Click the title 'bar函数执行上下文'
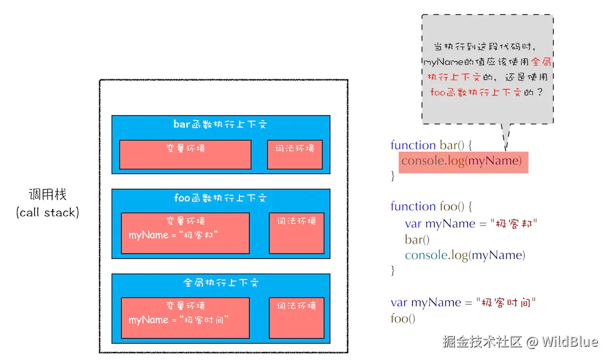coord(220,125)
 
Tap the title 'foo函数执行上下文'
coord(220,198)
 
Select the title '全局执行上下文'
coord(220,283)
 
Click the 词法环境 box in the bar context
coord(295,154)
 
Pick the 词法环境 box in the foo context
coord(297,233)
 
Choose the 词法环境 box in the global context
coord(297,317)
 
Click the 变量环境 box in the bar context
coord(185,154)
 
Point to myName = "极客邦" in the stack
coord(173,235)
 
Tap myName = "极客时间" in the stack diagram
coord(179,319)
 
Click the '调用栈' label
coord(47,194)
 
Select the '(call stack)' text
coord(47,212)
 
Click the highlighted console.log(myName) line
coord(462,161)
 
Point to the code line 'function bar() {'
coord(431,145)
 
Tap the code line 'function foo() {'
coord(431,206)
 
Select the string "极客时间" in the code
coord(506,302)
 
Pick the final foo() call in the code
coord(403,318)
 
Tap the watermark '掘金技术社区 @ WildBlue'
coord(520,342)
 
